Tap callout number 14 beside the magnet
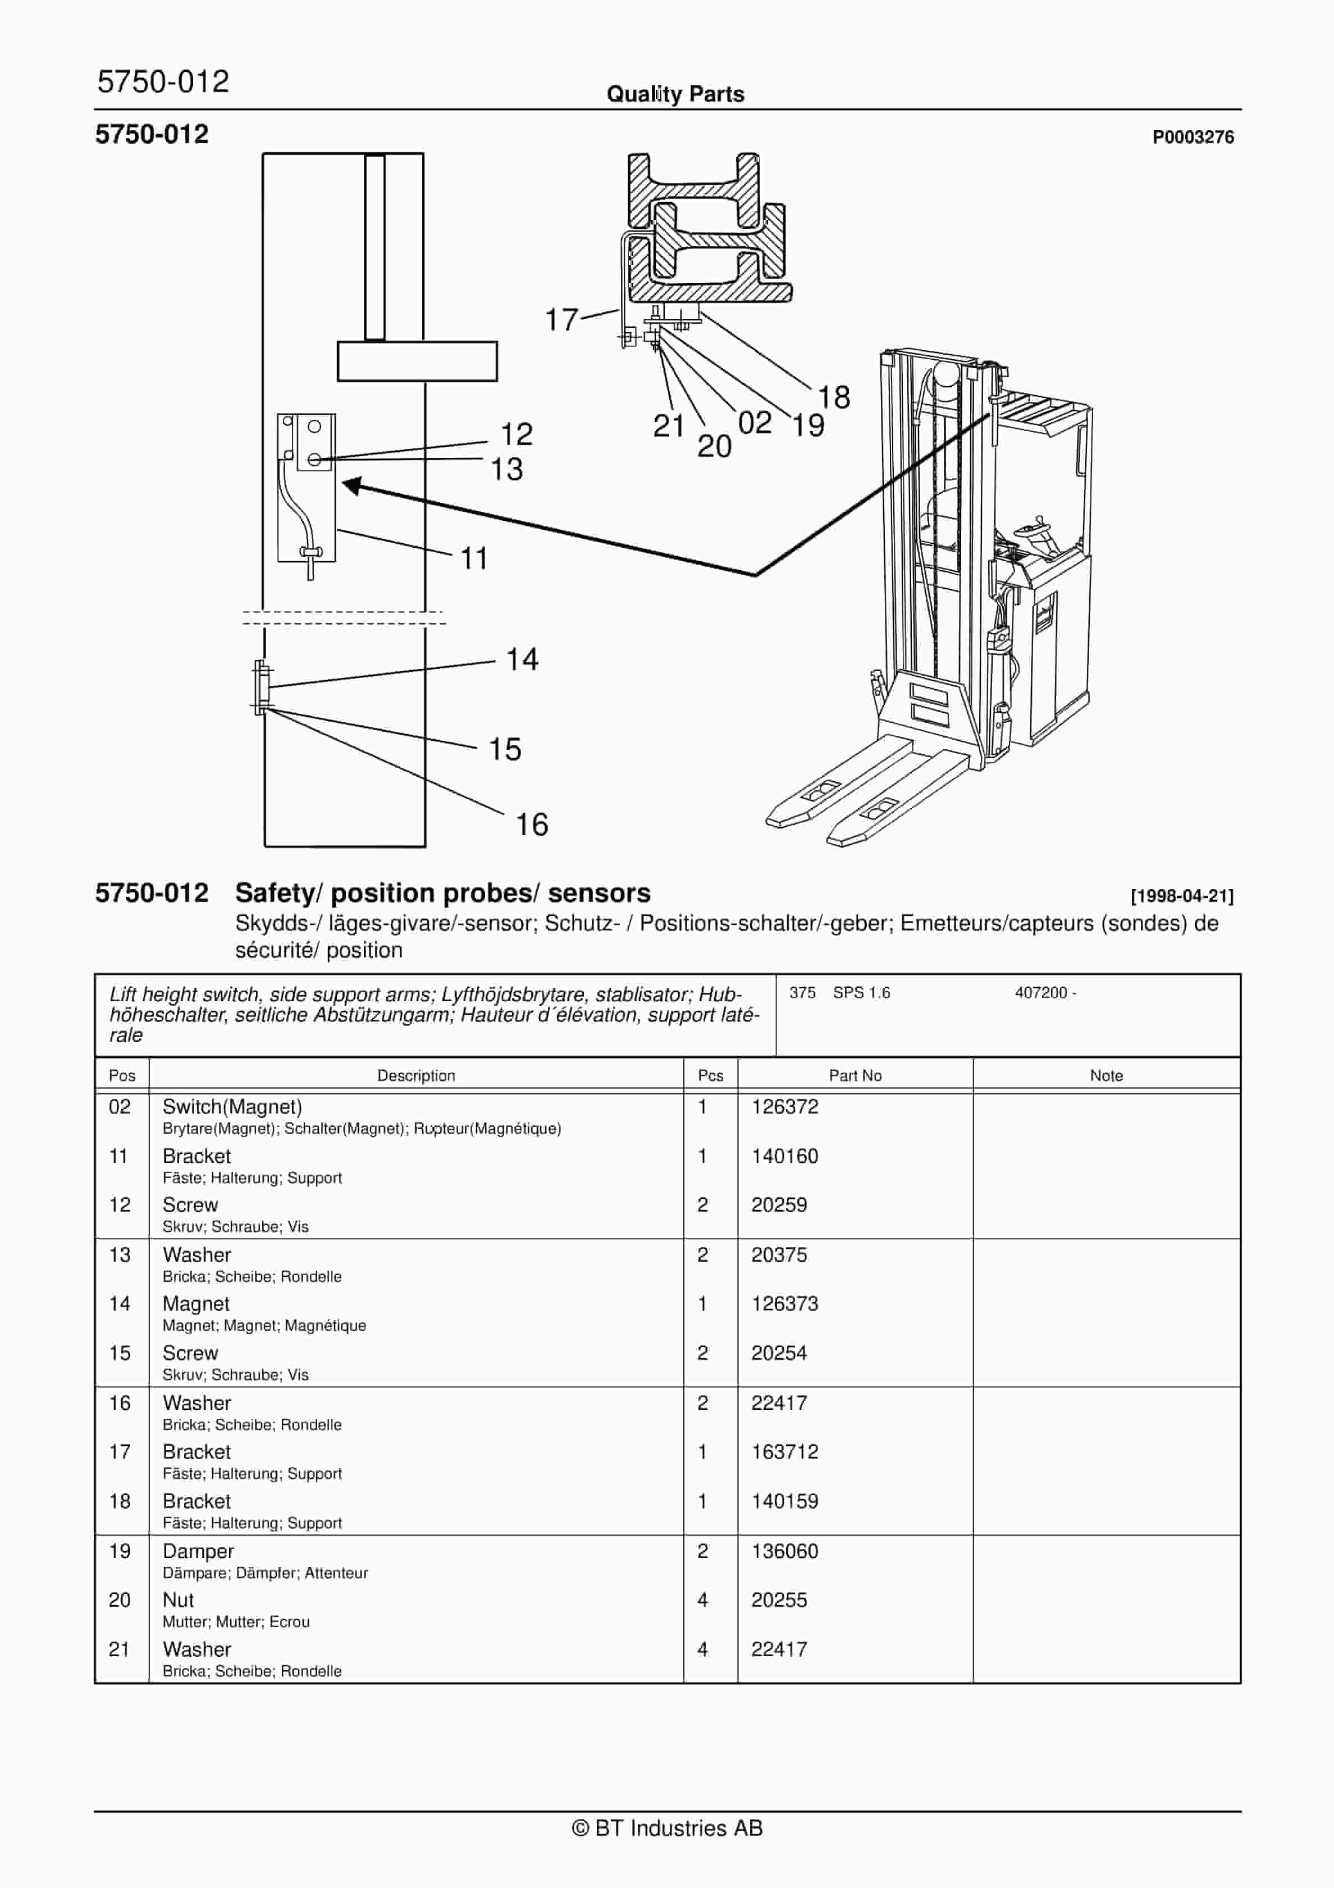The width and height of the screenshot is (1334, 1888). pyautogui.click(x=522, y=659)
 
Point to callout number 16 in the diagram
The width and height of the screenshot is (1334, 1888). pyautogui.click(x=531, y=824)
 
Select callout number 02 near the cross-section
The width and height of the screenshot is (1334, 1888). pyautogui.click(x=754, y=423)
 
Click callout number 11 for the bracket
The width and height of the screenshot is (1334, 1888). pyautogui.click(x=474, y=558)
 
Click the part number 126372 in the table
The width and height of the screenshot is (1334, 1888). pyautogui.click(x=784, y=1107)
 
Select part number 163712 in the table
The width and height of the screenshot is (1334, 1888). pyautogui.click(x=784, y=1451)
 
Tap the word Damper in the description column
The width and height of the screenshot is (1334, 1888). pyautogui.click(x=198, y=1551)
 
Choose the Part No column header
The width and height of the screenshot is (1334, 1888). pyautogui.click(x=855, y=1075)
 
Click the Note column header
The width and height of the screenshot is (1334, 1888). pyautogui.click(x=1105, y=1075)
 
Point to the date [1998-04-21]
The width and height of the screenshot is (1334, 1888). pyautogui.click(x=1181, y=896)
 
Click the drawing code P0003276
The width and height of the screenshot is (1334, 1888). pyautogui.click(x=1192, y=138)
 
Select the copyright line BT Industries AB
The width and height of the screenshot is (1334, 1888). pyautogui.click(x=667, y=1828)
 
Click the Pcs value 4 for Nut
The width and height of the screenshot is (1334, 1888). pyautogui.click(x=702, y=1600)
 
